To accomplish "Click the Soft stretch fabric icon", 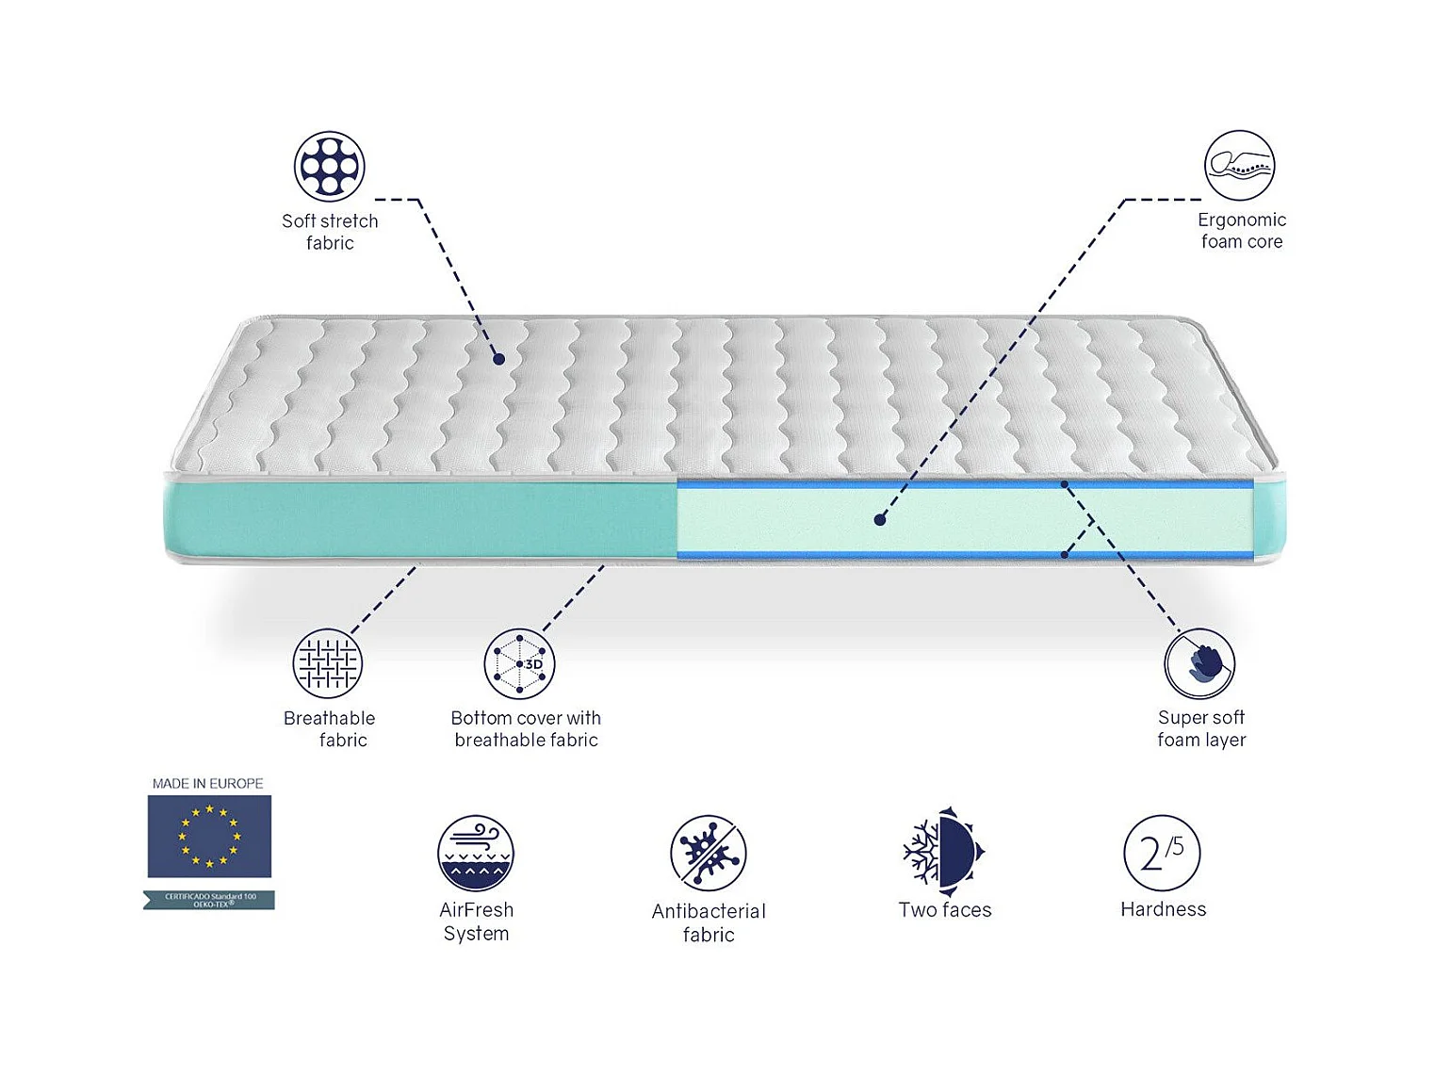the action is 329,166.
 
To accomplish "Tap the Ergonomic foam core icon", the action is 1239,166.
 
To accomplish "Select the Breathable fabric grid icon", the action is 327,663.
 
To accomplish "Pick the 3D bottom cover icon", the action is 519,663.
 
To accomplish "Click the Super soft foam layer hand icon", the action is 1199,663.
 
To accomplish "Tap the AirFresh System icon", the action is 476,853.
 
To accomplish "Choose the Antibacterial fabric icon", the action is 709,853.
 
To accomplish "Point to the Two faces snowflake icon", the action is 943,852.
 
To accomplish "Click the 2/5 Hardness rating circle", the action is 1162,853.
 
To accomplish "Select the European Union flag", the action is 209,836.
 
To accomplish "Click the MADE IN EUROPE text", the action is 208,783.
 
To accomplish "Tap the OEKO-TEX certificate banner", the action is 209,900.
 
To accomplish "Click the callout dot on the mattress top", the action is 498,359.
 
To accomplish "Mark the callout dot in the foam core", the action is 879,519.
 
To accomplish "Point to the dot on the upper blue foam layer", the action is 1065,484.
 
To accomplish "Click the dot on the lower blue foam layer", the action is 1065,555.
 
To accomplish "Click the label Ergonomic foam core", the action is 1242,231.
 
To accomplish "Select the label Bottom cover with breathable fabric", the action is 526,729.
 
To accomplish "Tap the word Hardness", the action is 1163,909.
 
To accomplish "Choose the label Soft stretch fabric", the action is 330,232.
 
